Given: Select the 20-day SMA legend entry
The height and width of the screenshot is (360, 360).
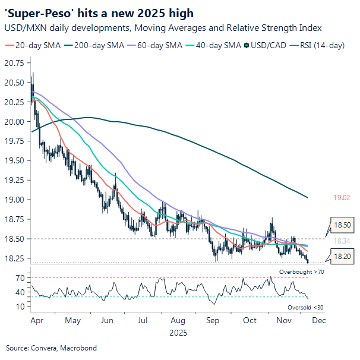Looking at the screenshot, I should point(29,45).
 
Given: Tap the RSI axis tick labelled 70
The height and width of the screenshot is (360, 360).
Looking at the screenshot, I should point(20,278).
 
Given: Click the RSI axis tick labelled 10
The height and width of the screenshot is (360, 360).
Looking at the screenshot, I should point(20,307).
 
